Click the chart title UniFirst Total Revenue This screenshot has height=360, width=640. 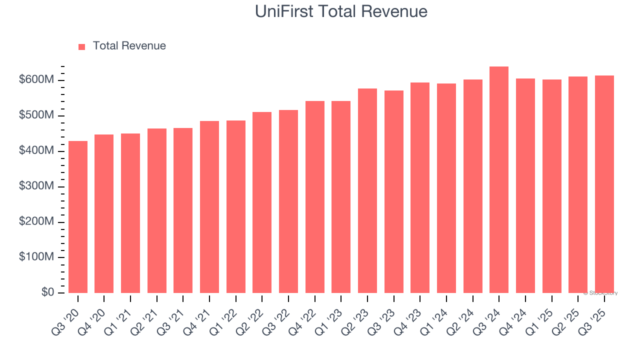(x=341, y=11)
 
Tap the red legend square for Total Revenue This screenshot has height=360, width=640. (x=82, y=46)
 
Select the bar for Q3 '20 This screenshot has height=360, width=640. (x=78, y=217)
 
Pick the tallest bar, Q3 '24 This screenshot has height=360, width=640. (x=499, y=180)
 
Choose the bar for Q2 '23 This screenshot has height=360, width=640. (x=367, y=190)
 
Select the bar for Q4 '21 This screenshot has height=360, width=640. (x=209, y=207)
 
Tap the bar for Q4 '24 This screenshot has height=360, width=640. (x=525, y=185)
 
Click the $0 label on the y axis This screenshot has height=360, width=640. (x=48, y=292)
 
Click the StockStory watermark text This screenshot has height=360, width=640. (x=600, y=293)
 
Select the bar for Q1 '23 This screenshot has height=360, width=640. (x=341, y=197)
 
